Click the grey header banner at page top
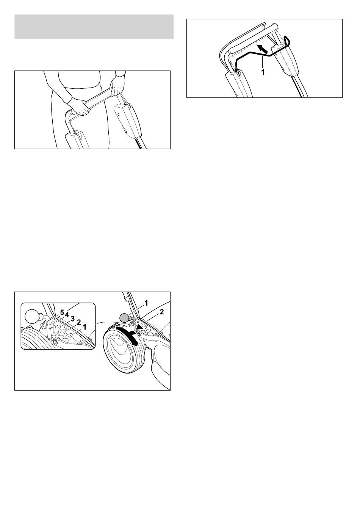point(94,27)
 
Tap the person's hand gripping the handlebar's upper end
point(117,87)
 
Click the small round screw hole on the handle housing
point(119,115)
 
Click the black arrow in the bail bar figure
point(261,49)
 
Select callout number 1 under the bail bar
point(263,72)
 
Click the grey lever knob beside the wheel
point(124,317)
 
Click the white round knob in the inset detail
point(32,316)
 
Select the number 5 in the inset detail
point(62,313)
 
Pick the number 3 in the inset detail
point(73,319)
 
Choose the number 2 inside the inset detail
point(79,323)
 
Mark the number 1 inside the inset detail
point(85,327)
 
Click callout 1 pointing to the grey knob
point(146,303)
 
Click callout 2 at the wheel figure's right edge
point(162,312)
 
